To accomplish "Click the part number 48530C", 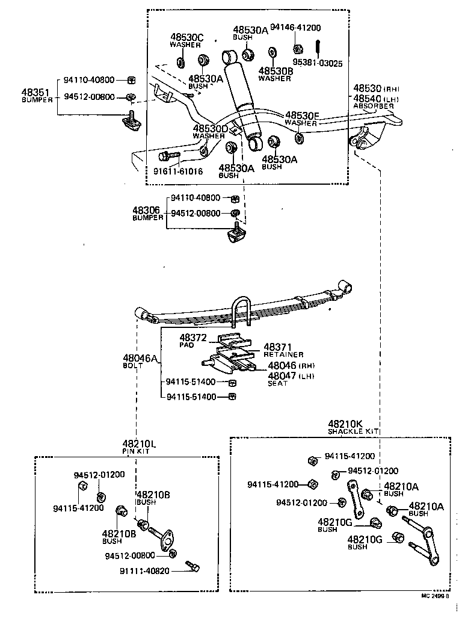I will coord(186,37).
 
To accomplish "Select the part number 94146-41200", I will coord(295,28).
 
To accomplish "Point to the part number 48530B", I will coord(276,71).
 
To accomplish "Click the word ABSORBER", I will coord(373,107).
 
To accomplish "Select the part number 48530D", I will coord(211,129).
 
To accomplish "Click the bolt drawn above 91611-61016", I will coord(168,156).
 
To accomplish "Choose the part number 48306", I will coord(146,210).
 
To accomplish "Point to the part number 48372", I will coord(192,338).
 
